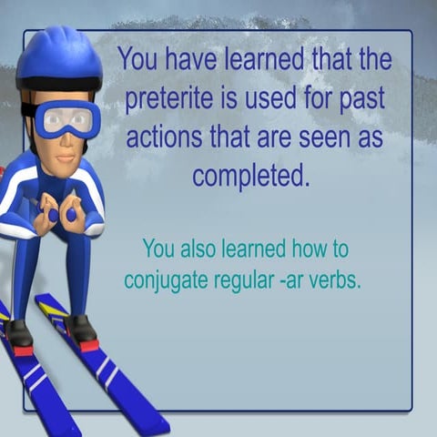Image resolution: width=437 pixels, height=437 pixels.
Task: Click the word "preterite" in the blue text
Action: click(166, 98)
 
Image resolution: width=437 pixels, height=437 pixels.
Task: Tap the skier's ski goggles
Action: click(67, 119)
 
